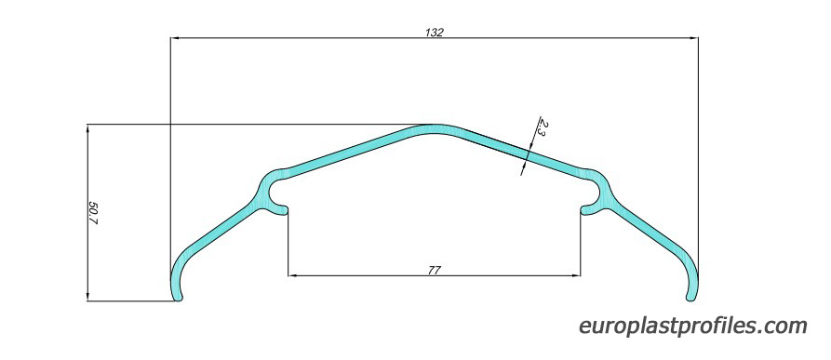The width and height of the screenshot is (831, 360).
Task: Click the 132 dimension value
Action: (434, 33)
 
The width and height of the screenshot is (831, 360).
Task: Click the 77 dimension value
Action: (434, 270)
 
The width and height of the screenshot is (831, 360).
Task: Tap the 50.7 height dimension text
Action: (93, 213)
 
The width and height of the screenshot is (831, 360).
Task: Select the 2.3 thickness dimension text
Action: (543, 127)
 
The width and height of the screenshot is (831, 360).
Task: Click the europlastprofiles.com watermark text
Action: (693, 326)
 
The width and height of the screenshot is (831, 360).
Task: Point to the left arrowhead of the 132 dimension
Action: (174, 38)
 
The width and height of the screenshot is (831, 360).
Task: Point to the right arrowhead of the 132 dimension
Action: (693, 38)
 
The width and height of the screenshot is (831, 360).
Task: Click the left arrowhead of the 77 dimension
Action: (292, 276)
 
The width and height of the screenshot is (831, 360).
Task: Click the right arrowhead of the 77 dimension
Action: (576, 276)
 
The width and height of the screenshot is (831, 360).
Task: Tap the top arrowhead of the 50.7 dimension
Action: (87, 128)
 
